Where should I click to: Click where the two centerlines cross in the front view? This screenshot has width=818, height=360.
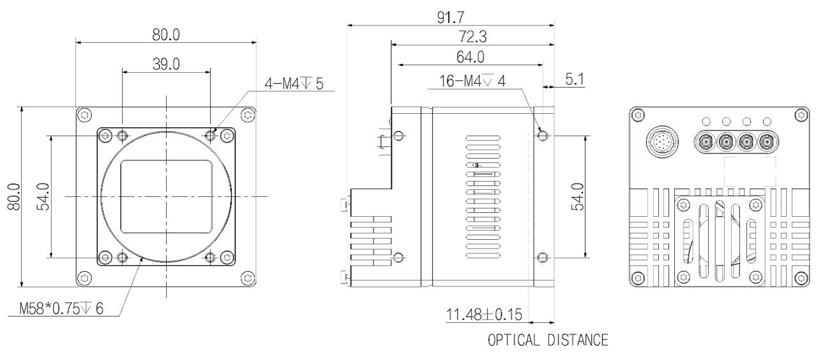(x=167, y=196)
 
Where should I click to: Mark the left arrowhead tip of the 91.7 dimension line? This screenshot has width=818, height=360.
(x=347, y=25)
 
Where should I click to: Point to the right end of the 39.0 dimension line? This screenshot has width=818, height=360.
(x=211, y=72)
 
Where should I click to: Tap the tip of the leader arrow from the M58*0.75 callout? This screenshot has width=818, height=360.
(x=143, y=257)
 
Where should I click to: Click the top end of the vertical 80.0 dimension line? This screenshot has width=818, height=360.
(x=22, y=107)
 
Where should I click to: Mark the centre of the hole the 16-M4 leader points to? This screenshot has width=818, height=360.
(x=543, y=136)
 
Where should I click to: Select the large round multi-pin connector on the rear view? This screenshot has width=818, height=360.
(x=663, y=141)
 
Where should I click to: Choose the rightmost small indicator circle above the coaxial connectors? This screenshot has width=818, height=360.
(x=768, y=121)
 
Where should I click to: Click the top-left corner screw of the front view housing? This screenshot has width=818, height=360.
(x=85, y=115)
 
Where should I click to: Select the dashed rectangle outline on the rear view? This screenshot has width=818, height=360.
(x=750, y=171)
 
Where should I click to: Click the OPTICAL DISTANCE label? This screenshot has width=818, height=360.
(x=548, y=340)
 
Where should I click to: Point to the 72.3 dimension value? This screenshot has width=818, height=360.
(x=472, y=36)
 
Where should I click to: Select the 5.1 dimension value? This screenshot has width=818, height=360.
(x=575, y=79)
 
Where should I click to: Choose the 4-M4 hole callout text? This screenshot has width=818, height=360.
(x=294, y=84)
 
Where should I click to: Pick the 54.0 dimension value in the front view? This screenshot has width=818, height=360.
(x=43, y=197)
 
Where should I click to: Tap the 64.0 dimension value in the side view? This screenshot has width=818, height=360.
(x=470, y=57)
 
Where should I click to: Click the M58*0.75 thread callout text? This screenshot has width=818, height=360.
(x=61, y=309)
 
